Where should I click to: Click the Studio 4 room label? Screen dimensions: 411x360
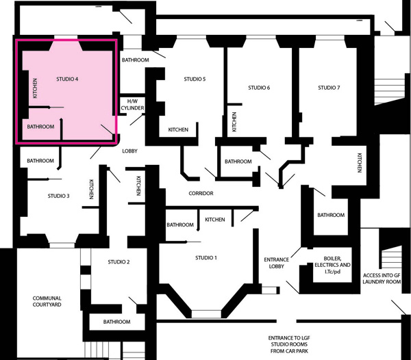point(67,79)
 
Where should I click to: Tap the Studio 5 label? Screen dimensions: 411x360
point(195,79)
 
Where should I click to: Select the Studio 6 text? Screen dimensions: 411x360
point(259,88)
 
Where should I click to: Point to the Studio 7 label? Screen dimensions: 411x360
point(329,88)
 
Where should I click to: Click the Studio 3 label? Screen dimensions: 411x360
point(59,196)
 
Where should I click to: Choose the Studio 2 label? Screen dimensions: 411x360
point(119,262)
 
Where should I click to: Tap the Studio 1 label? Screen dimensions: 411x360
point(206,258)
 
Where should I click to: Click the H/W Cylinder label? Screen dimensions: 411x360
point(132,105)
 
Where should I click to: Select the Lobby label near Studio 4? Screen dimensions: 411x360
point(129,151)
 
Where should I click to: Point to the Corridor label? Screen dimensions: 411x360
point(201,193)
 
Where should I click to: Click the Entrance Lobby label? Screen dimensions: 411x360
point(277,263)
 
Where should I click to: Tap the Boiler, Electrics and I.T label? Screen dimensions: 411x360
point(333,265)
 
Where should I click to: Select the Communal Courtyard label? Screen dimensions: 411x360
point(47,301)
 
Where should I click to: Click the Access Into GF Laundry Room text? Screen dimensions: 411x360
point(382,279)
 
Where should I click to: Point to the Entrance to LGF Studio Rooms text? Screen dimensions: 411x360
point(289,344)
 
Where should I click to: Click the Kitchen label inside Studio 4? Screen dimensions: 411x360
point(35,88)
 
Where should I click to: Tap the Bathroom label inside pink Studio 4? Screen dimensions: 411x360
point(40,127)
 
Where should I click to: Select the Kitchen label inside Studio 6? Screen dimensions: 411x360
point(234,122)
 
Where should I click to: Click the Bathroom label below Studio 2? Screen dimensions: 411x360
point(116,322)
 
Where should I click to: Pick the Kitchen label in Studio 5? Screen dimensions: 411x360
point(178,129)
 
